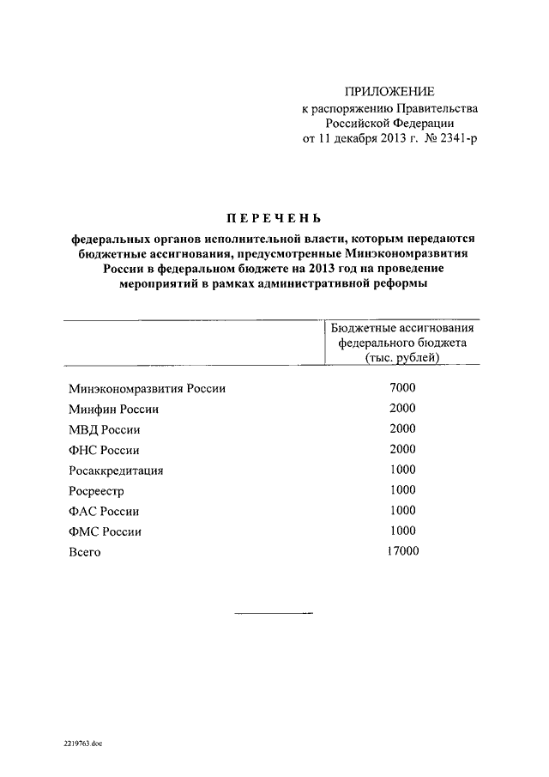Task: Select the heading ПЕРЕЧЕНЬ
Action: pyautogui.click(x=275, y=217)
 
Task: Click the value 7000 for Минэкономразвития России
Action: pyautogui.click(x=401, y=388)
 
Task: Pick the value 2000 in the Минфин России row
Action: pyautogui.click(x=401, y=409)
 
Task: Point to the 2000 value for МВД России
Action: pyautogui.click(x=401, y=429)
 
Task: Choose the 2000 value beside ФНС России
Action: pyautogui.click(x=401, y=449)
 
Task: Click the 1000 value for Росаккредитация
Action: pyautogui.click(x=401, y=470)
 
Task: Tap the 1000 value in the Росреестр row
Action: pyautogui.click(x=401, y=490)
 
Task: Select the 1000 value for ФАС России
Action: pyautogui.click(x=401, y=511)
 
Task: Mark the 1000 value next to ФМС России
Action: pyautogui.click(x=401, y=531)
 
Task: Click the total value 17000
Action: pyautogui.click(x=401, y=551)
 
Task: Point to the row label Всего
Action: pyautogui.click(x=85, y=552)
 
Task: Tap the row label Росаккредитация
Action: pyautogui.click(x=116, y=470)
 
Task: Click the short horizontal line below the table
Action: pyautogui.click(x=274, y=614)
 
